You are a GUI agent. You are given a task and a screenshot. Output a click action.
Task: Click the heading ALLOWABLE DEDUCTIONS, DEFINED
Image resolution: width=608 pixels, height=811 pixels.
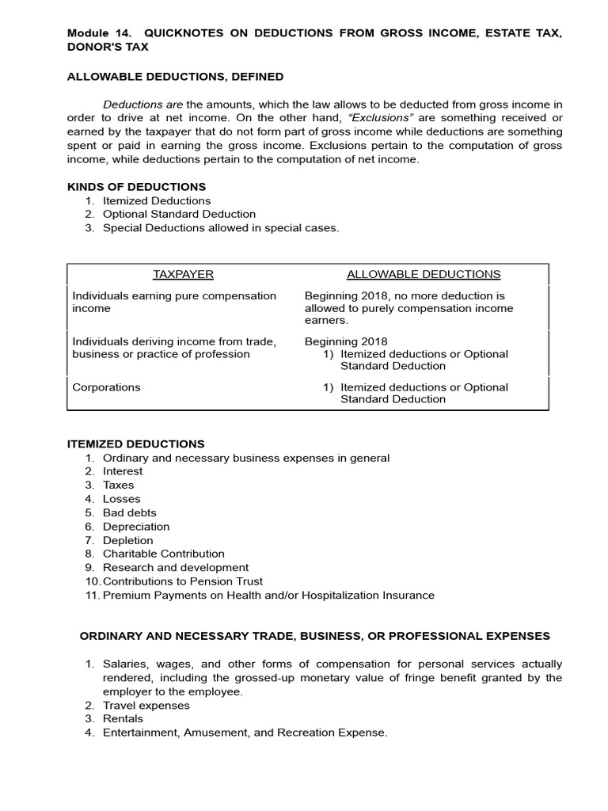pyautogui.click(x=175, y=77)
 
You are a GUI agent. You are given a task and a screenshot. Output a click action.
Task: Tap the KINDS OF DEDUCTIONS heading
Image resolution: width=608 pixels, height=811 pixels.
pyautogui.click(x=136, y=187)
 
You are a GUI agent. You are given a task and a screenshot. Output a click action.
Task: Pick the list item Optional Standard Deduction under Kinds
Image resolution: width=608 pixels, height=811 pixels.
pyautogui.click(x=179, y=214)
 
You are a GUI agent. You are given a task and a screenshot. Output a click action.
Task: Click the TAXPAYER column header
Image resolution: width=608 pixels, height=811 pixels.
pyautogui.click(x=183, y=274)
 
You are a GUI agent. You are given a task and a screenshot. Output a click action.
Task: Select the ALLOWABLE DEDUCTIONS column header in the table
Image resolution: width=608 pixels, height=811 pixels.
pyautogui.click(x=424, y=274)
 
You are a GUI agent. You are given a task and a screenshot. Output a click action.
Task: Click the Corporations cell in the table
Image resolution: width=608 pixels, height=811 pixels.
pyautogui.click(x=106, y=387)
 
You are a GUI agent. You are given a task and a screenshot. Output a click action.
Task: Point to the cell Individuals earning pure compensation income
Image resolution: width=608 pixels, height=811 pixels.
pyautogui.click(x=174, y=302)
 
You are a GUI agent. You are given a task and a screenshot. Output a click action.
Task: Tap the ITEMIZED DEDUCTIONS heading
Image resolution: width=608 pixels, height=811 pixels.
pyautogui.click(x=135, y=444)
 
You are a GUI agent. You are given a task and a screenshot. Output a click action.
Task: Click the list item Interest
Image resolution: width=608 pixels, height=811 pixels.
pyautogui.click(x=123, y=471)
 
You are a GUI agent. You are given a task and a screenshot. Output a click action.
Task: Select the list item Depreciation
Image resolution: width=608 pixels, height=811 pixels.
pyautogui.click(x=135, y=526)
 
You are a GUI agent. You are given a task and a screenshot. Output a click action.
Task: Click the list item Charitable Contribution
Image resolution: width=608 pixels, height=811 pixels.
pyautogui.click(x=163, y=554)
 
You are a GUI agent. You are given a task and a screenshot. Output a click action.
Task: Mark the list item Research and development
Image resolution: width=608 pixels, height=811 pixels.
pyautogui.click(x=175, y=567)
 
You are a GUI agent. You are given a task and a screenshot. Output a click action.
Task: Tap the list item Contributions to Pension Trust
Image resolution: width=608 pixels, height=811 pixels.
pyautogui.click(x=182, y=581)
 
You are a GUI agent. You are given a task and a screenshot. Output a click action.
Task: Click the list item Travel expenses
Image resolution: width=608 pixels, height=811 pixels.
pyautogui.click(x=146, y=705)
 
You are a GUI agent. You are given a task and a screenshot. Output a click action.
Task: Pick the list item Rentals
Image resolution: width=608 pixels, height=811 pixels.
pyautogui.click(x=123, y=718)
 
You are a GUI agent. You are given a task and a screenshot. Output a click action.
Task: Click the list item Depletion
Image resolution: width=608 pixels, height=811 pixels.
pyautogui.click(x=127, y=540)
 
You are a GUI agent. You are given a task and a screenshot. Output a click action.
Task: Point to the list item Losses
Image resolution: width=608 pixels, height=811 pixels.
pyautogui.click(x=121, y=499)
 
